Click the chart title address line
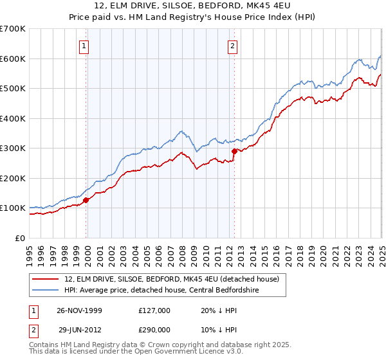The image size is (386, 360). pyautogui.click(x=192, y=6)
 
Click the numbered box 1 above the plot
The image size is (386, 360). pyautogui.click(x=85, y=46)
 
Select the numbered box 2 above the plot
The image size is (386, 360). pyautogui.click(x=232, y=46)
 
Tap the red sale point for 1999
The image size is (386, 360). pyautogui.click(x=86, y=200)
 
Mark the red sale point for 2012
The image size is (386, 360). pyautogui.click(x=234, y=152)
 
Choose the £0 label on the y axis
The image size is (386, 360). pyautogui.click(x=21, y=238)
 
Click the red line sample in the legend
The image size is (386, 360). pyautogui.click(x=46, y=278)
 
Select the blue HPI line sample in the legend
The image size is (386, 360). pyautogui.click(x=46, y=291)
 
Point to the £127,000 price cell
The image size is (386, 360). pyautogui.click(x=153, y=309)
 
